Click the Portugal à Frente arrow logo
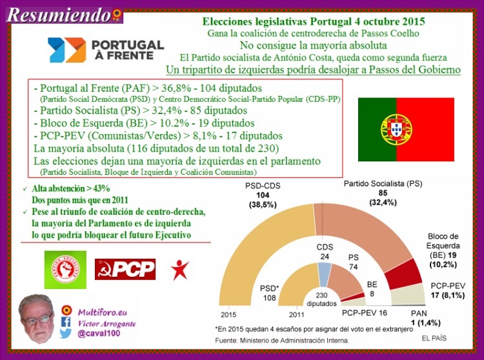pyautogui.click(x=67, y=50)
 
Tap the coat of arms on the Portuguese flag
pyautogui.click(x=396, y=130)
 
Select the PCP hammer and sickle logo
pyautogui.click(x=125, y=269)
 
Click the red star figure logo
pyautogui.click(x=180, y=270)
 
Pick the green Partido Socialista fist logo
pyautogui.click(x=65, y=270)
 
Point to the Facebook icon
pyautogui.click(x=65, y=322)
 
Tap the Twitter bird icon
pyautogui.click(x=65, y=334)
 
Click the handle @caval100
pyautogui.click(x=99, y=334)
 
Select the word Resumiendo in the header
pyautogui.click(x=59, y=15)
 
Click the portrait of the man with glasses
pyautogui.click(x=36, y=319)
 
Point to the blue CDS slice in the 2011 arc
pyautogui.click(x=325, y=275)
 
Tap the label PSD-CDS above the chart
pyautogui.click(x=263, y=186)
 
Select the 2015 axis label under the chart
pyautogui.click(x=228, y=315)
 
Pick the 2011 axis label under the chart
pyautogui.click(x=296, y=315)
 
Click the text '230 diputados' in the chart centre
pyautogui.click(x=321, y=299)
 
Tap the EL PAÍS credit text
pyautogui.click(x=434, y=339)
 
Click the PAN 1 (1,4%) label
pyautogui.click(x=426, y=318)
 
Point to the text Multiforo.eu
pyautogui.click(x=103, y=312)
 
